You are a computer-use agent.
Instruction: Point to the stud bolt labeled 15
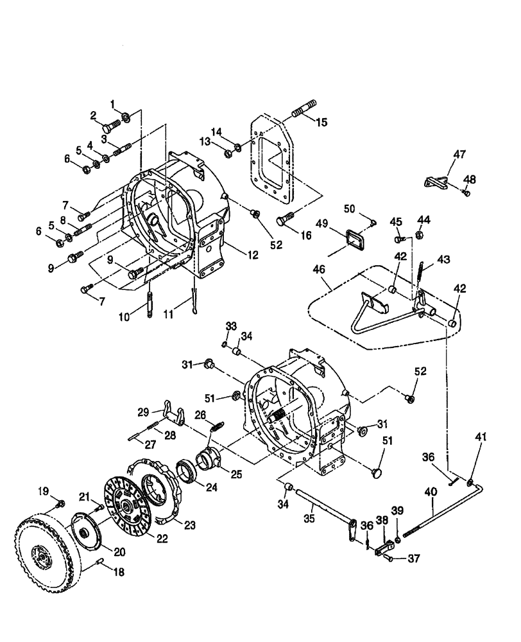303,114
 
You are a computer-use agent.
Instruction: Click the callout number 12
252,255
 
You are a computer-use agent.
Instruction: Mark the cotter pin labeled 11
196,303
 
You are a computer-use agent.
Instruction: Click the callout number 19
42,493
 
